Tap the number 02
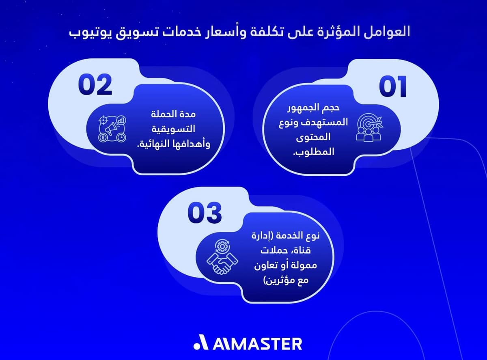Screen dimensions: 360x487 click(95, 85)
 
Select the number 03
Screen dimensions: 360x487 click(205, 212)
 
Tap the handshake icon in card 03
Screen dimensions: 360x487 click(221, 257)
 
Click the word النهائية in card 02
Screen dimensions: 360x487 click(157, 144)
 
